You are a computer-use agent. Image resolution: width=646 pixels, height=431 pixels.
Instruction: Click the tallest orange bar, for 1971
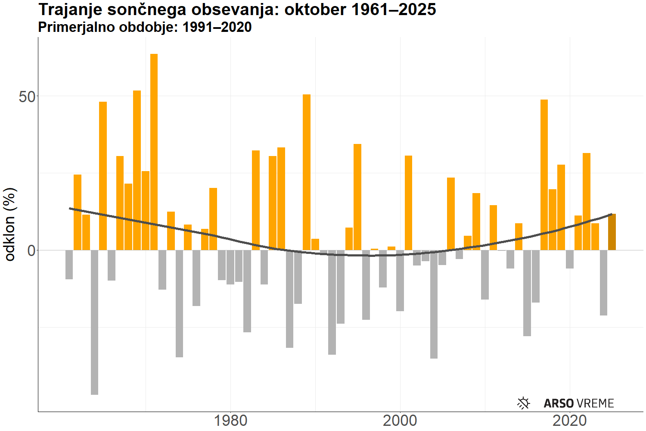pyautogui.click(x=154, y=152)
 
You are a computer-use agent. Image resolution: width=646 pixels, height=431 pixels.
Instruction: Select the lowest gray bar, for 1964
pyautogui.click(x=94, y=322)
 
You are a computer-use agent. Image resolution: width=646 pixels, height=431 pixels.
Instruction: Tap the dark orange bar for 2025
pyautogui.click(x=612, y=232)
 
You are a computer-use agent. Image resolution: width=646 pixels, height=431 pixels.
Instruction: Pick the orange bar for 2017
pyautogui.click(x=544, y=175)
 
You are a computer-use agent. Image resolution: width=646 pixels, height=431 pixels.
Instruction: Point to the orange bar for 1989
pyautogui.click(x=307, y=172)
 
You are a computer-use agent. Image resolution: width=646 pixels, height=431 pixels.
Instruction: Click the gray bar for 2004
pyautogui.click(x=434, y=304)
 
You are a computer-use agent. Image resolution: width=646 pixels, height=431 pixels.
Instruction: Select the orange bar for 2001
pyautogui.click(x=408, y=203)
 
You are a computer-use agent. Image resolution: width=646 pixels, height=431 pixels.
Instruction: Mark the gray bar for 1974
pyautogui.click(x=179, y=303)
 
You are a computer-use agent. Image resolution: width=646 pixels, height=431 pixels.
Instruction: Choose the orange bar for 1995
pyautogui.click(x=357, y=197)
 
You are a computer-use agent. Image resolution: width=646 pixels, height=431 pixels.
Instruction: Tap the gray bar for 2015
pyautogui.click(x=527, y=293)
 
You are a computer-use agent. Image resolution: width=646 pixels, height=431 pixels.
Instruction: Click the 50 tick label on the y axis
pyautogui.click(x=27, y=97)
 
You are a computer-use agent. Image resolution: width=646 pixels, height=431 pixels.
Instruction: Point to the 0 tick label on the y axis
pyautogui.click(x=31, y=250)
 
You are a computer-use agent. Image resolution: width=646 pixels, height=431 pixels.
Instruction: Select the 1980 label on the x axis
pyautogui.click(x=230, y=421)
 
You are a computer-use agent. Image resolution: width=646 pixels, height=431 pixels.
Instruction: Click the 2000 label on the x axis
pyautogui.click(x=400, y=421)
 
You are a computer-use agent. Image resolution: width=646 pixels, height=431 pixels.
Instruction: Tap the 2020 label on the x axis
pyautogui.click(x=570, y=421)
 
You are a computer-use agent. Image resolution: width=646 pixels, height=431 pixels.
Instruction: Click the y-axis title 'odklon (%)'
pyautogui.click(x=10, y=224)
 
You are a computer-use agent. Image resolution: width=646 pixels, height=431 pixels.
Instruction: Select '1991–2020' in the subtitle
pyautogui.click(x=217, y=27)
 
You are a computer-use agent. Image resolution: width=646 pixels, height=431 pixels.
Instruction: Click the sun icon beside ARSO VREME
pyautogui.click(x=523, y=403)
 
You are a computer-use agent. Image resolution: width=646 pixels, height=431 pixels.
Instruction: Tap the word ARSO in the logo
pyautogui.click(x=559, y=403)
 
